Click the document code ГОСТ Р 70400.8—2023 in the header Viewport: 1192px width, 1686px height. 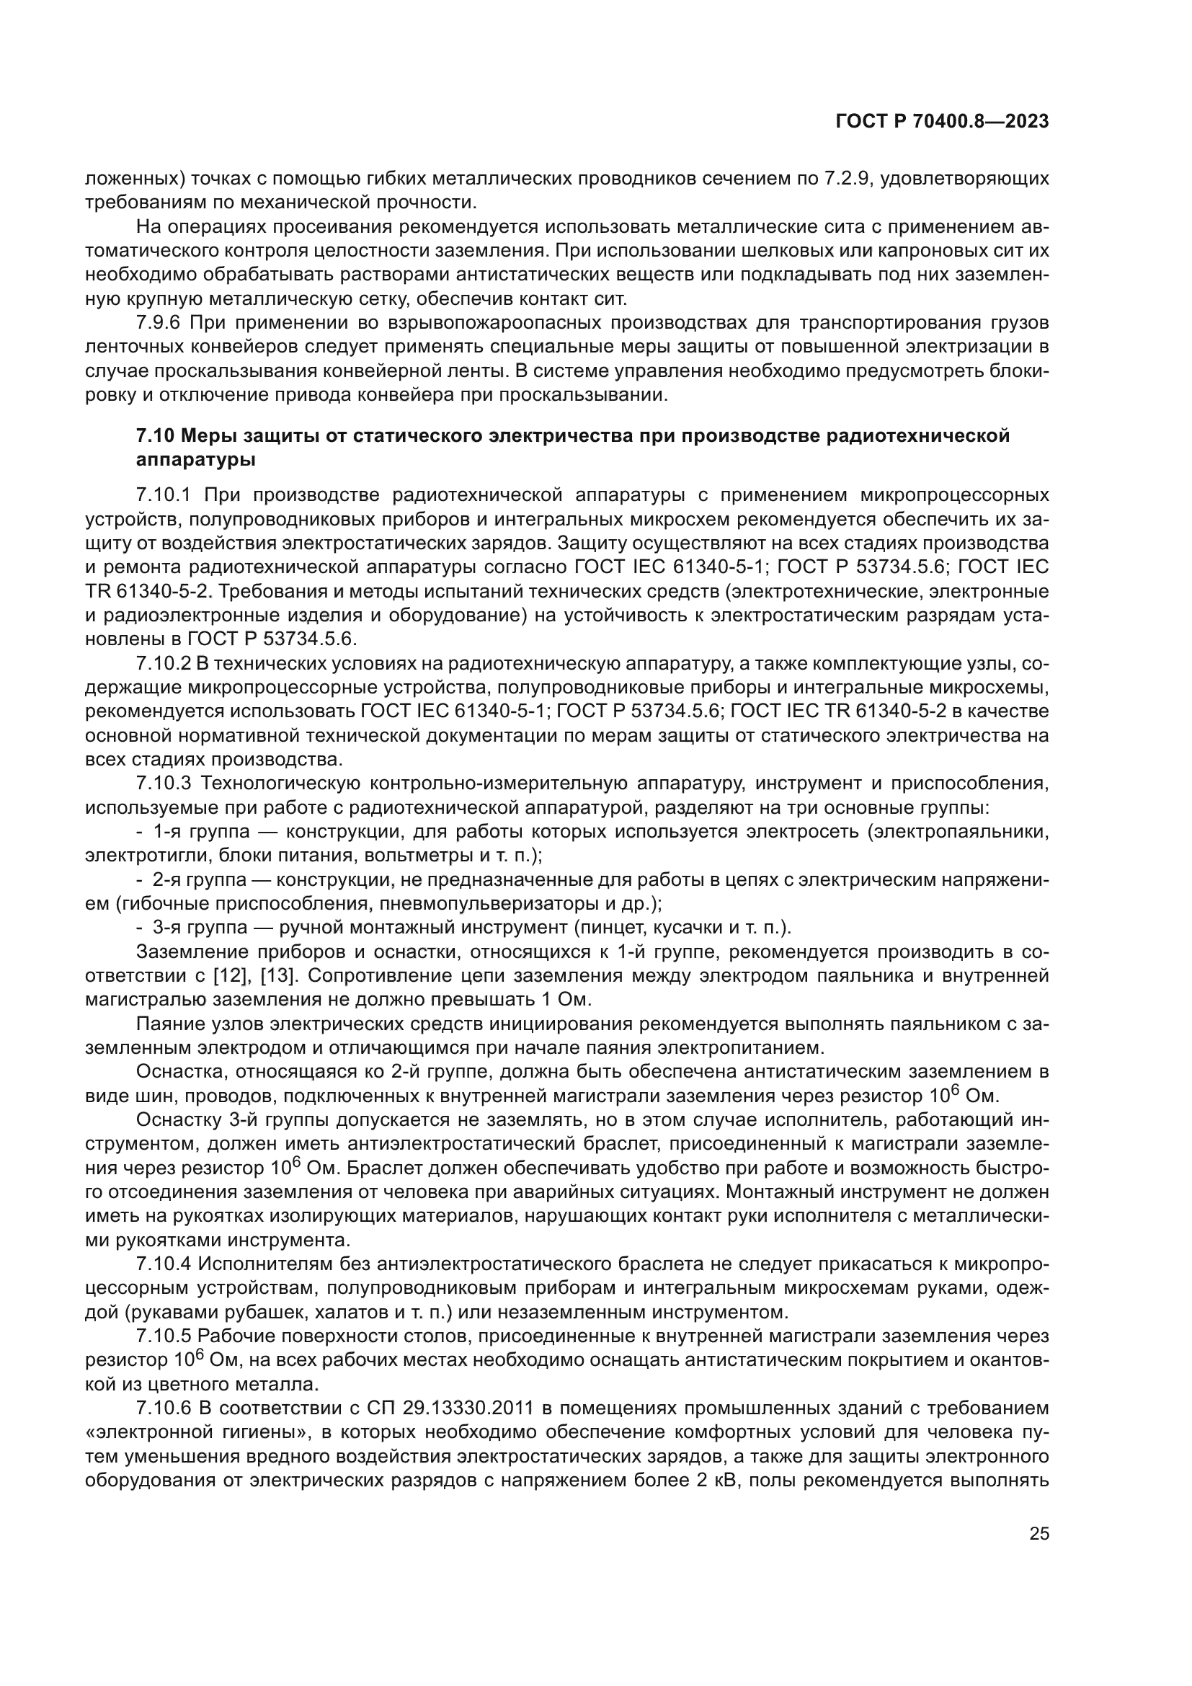pyautogui.click(x=942, y=122)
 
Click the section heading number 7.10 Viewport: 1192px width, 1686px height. pyautogui.click(x=155, y=436)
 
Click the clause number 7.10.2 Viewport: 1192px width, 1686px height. pyautogui.click(x=163, y=664)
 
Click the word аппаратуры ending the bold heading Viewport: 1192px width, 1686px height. pyautogui.click(x=196, y=461)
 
